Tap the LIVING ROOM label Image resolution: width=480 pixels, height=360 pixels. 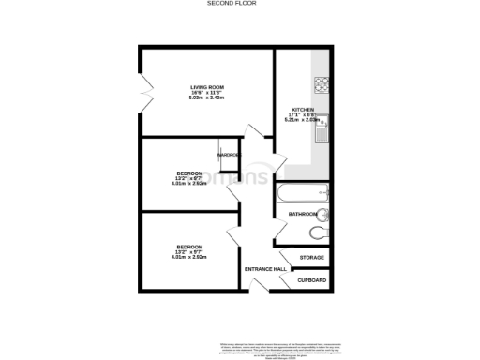[x=205, y=87]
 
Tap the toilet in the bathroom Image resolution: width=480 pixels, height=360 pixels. [x=321, y=231]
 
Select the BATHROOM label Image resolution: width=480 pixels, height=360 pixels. [x=303, y=215]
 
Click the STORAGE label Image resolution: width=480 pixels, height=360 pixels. [x=311, y=257]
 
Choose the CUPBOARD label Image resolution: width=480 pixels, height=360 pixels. [x=312, y=279]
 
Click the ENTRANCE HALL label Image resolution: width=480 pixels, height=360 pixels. [x=263, y=270]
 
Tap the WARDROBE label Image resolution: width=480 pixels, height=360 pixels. [x=230, y=155]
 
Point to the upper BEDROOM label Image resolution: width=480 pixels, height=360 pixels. [x=190, y=172]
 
